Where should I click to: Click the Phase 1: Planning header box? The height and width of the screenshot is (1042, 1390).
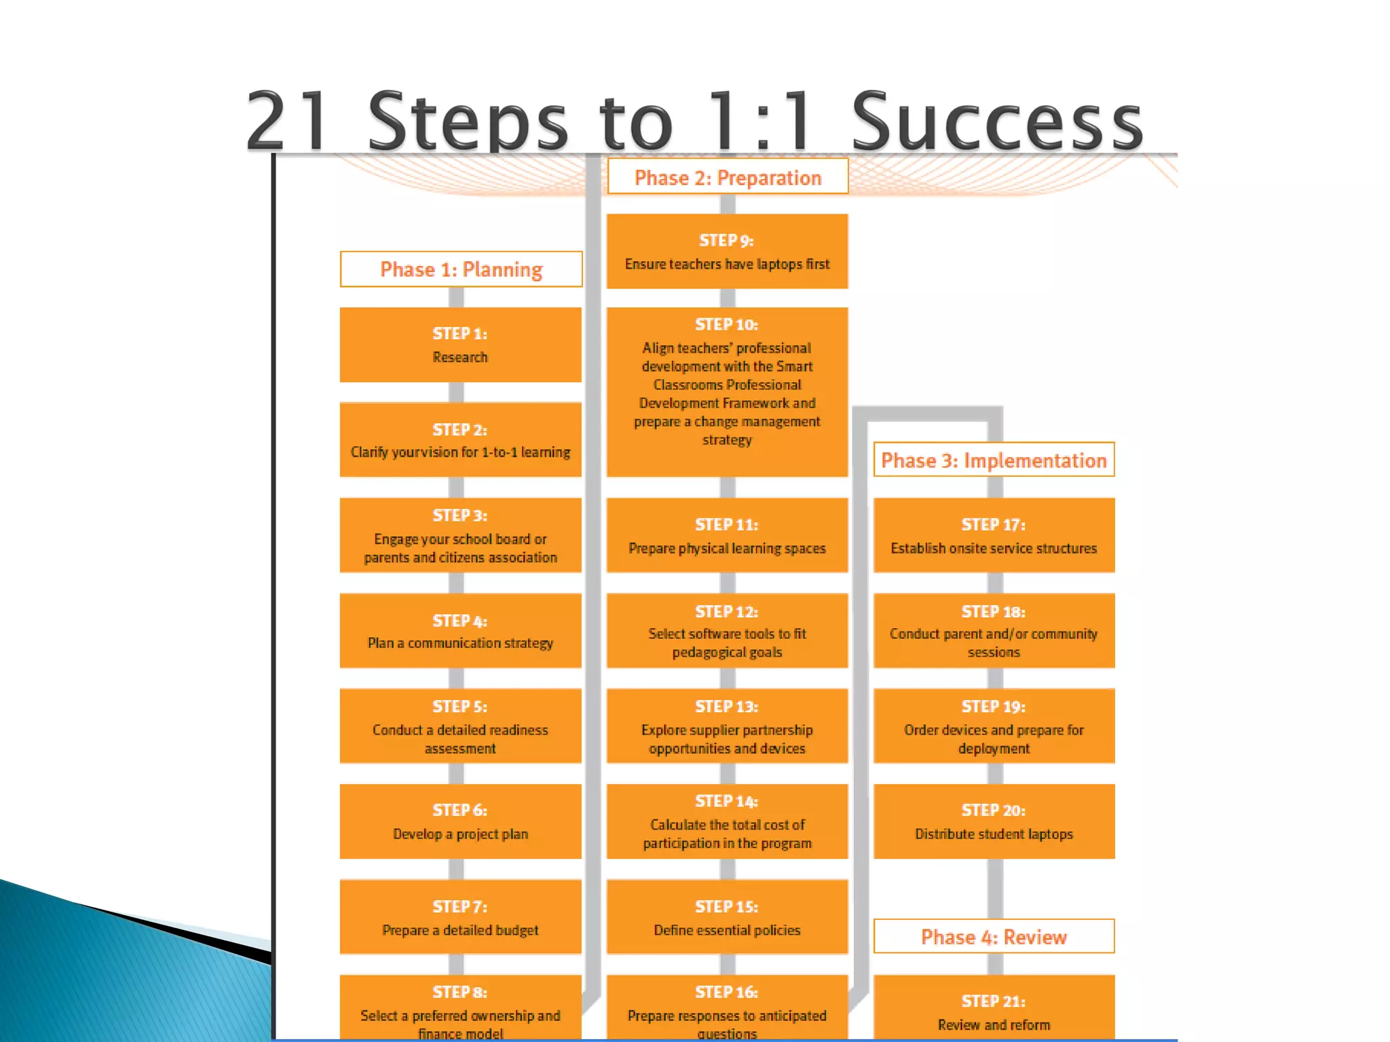pos(461,269)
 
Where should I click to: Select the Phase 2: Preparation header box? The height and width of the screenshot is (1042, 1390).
pos(728,177)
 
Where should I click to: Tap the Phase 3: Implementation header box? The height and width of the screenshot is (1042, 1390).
pos(994,460)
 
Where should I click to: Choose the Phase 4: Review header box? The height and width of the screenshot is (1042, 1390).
pos(994,937)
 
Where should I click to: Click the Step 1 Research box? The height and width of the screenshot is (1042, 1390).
pos(460,345)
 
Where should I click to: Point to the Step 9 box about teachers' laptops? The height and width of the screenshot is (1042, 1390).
pos(727,252)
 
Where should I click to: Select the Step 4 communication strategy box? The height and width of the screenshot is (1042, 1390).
pos(460,631)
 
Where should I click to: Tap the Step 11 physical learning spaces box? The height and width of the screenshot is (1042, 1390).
pos(727,535)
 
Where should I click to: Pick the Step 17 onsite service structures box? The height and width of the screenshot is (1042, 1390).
pos(994,535)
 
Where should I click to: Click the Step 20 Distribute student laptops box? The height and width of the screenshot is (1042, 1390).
pos(994,822)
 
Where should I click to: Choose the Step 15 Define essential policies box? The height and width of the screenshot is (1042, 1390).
pos(727,917)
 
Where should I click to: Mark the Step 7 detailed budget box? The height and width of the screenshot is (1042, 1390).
pos(460,917)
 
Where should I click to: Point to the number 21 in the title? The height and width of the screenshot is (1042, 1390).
pos(289,122)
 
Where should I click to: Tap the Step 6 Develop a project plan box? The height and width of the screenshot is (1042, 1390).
pos(460,822)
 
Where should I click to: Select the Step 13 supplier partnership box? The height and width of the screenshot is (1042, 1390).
pos(727,726)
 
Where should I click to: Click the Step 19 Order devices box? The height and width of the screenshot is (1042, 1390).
pos(994,726)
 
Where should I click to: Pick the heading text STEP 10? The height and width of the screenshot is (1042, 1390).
pos(726,324)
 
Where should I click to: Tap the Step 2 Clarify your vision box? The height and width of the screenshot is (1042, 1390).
pos(460,440)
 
